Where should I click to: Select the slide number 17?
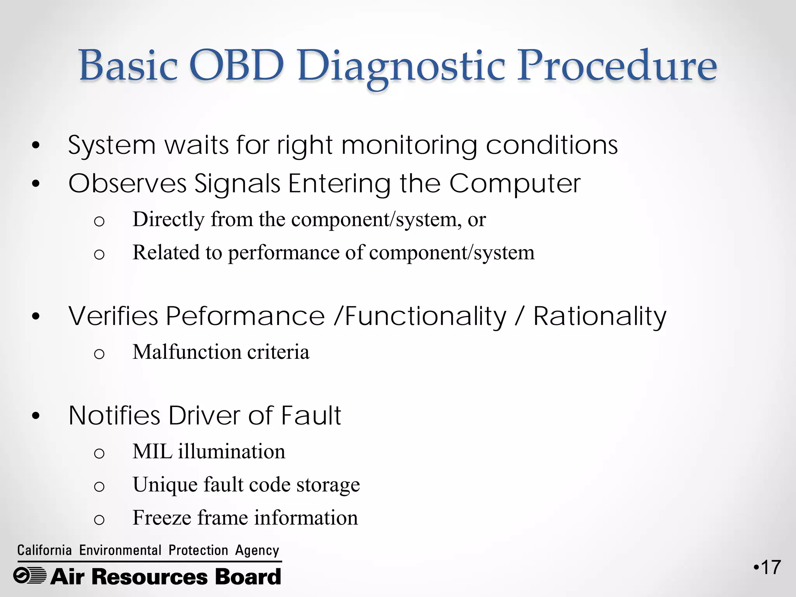[x=770, y=567]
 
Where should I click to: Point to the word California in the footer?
[x=44, y=550]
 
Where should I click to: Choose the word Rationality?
[x=599, y=316]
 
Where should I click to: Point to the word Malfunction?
[x=187, y=352]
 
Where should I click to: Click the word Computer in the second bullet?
[x=515, y=183]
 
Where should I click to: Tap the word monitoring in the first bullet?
[x=409, y=145]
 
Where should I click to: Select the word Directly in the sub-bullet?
[x=168, y=220]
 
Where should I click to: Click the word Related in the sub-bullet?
[x=166, y=253]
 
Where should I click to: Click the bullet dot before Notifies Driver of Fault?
[x=36, y=417]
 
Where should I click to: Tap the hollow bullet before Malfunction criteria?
[x=99, y=354]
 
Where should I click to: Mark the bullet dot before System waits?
[x=36, y=146]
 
